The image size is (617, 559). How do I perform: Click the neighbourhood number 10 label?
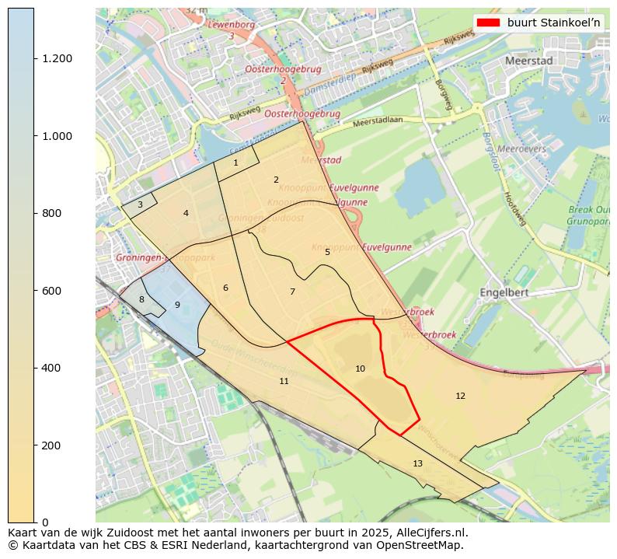click(360, 369)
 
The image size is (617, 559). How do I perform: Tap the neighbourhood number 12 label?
click(460, 396)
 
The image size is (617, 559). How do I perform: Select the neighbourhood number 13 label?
click(417, 463)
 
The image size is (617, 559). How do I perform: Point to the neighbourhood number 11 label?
click(284, 381)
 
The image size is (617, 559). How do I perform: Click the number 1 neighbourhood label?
click(235, 162)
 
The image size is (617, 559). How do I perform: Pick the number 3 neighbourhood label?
click(140, 204)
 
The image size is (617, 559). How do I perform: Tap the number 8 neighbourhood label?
click(141, 299)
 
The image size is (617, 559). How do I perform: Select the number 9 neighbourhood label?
click(177, 305)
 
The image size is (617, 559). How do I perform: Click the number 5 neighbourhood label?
click(327, 252)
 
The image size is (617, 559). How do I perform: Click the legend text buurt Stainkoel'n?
click(554, 23)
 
